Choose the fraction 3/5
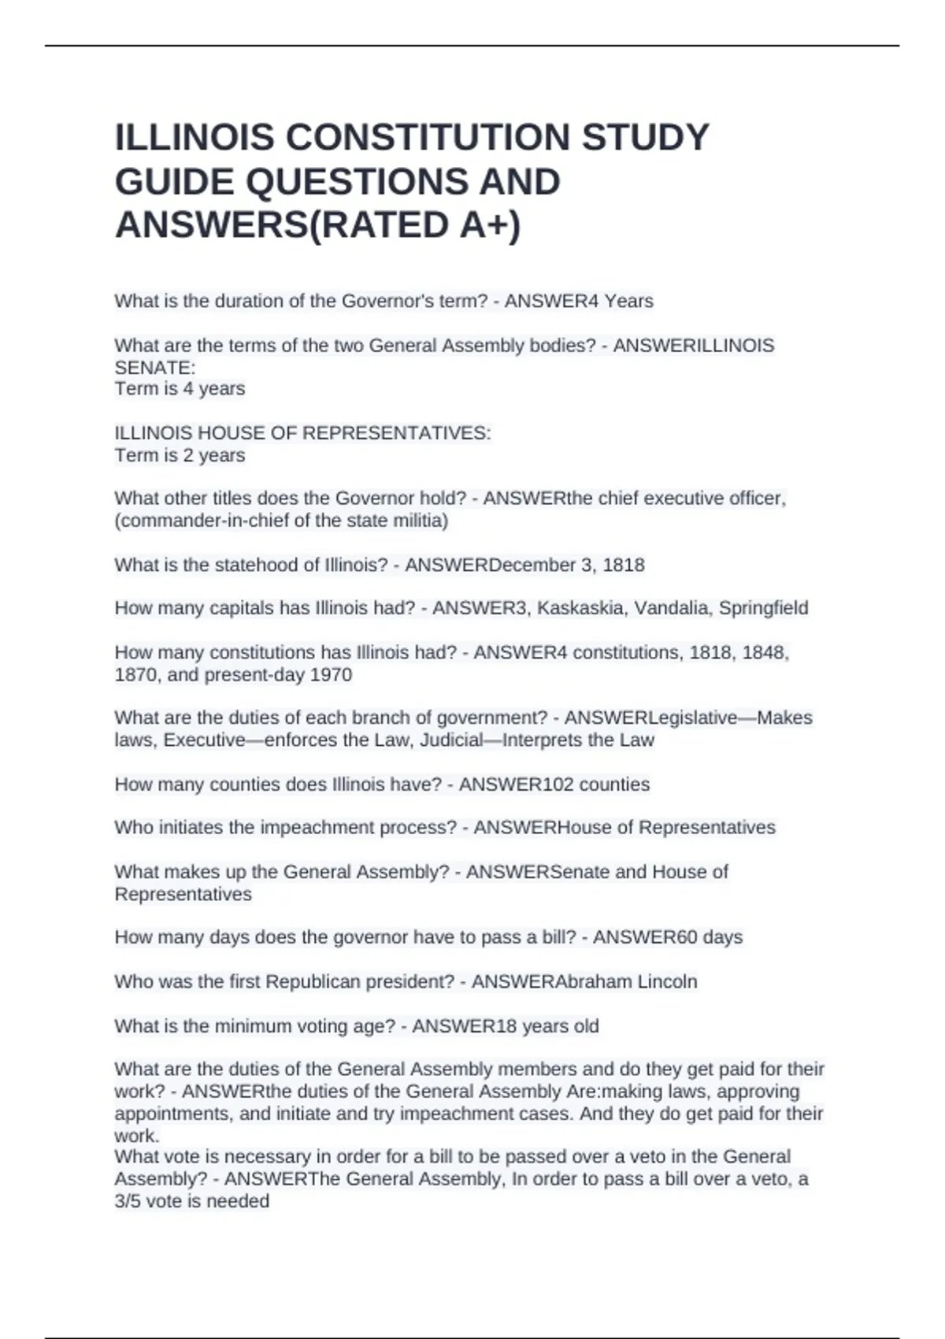(x=128, y=1201)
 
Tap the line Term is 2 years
(x=180, y=455)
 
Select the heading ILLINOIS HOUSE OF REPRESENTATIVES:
(x=302, y=433)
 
